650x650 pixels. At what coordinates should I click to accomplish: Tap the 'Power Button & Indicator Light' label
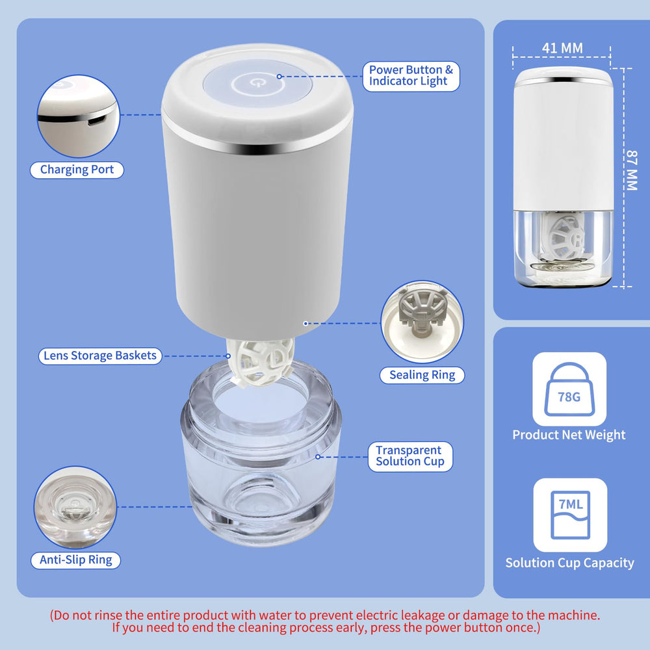tap(411, 75)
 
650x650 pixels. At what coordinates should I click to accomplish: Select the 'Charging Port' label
tap(77, 170)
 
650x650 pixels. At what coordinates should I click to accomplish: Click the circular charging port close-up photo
tap(78, 116)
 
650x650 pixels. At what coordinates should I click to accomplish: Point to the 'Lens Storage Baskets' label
tap(100, 356)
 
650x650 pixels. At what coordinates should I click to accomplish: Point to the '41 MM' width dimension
tap(562, 47)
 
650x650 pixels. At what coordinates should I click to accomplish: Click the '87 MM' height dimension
tap(630, 170)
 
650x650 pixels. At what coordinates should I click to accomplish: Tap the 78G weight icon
tap(569, 389)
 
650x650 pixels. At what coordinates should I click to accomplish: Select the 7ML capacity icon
tap(570, 515)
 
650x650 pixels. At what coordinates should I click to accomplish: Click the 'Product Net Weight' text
tap(569, 435)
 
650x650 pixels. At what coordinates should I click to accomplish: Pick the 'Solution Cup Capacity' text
tap(569, 563)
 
